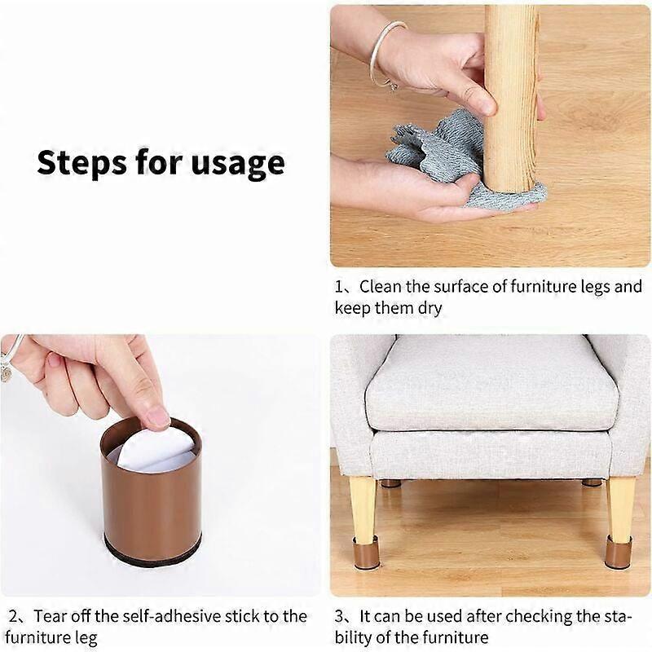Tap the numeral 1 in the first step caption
[x=339, y=287]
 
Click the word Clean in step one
[x=381, y=287]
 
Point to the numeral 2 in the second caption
[x=13, y=616]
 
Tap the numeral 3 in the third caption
[x=339, y=616]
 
